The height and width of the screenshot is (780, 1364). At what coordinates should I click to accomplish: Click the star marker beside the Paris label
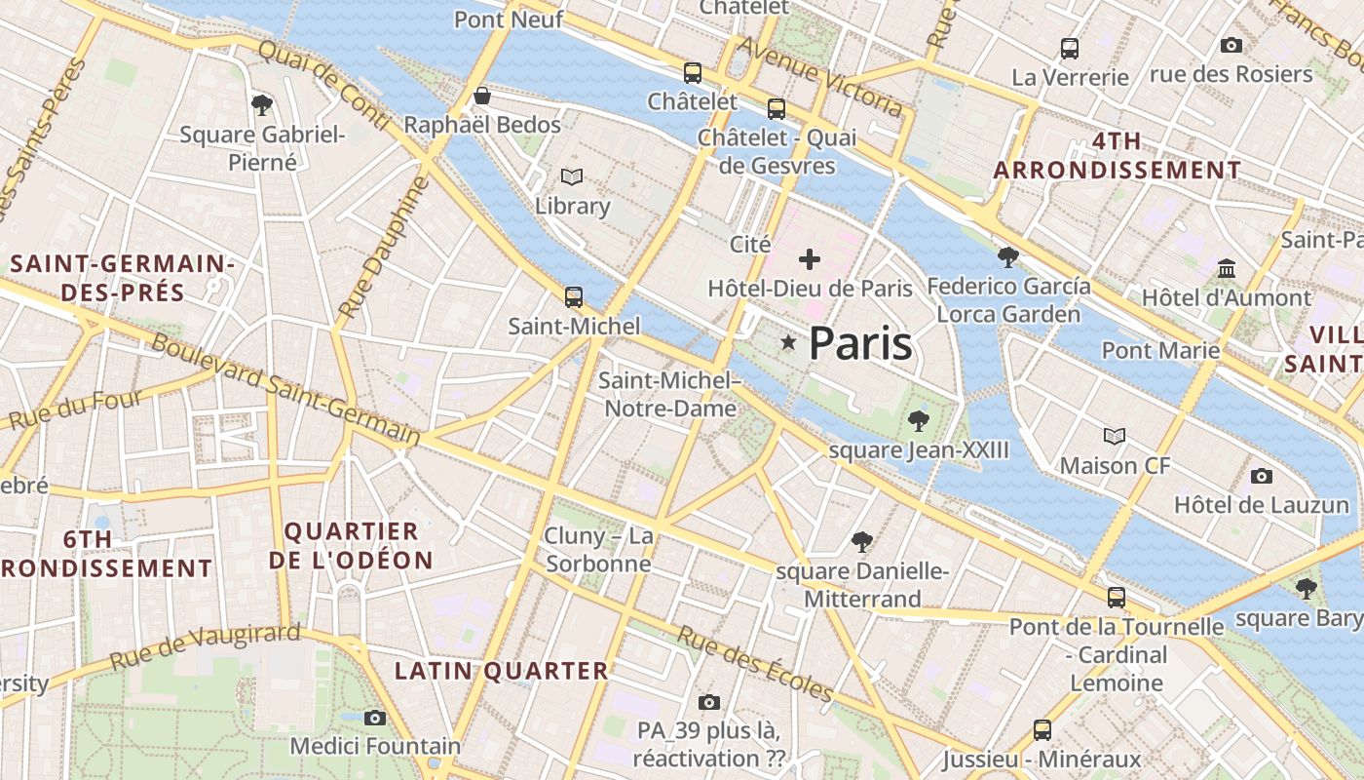pyautogui.click(x=788, y=342)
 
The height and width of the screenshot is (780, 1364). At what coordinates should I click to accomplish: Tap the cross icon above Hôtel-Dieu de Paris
pyautogui.click(x=810, y=259)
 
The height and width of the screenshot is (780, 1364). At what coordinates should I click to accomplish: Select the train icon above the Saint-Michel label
pyautogui.click(x=574, y=297)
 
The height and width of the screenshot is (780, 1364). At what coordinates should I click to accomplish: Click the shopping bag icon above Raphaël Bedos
pyautogui.click(x=481, y=96)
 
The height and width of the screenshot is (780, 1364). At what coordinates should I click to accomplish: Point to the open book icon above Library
pyautogui.click(x=571, y=176)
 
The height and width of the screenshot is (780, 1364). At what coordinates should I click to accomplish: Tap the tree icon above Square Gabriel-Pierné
pyautogui.click(x=261, y=104)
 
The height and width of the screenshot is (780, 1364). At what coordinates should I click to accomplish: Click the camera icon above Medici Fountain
pyautogui.click(x=375, y=718)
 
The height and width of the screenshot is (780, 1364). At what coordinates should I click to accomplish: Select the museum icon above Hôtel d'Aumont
pyautogui.click(x=1227, y=268)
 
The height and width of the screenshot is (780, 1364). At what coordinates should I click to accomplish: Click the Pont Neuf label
pyautogui.click(x=509, y=19)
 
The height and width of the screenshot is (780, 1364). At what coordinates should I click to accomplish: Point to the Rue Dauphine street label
pyautogui.click(x=384, y=248)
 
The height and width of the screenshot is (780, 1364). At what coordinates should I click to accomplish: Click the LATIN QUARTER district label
pyautogui.click(x=502, y=671)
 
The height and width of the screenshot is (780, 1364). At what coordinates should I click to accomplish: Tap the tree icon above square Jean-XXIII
pyautogui.click(x=918, y=421)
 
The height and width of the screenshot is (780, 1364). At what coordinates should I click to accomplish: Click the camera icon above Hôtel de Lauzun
pyautogui.click(x=1262, y=476)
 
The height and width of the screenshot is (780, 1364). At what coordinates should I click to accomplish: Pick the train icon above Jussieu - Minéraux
pyautogui.click(x=1042, y=729)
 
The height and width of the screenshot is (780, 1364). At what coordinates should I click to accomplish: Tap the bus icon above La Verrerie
pyautogui.click(x=1070, y=48)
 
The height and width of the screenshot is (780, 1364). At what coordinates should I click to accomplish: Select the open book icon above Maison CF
pyautogui.click(x=1115, y=436)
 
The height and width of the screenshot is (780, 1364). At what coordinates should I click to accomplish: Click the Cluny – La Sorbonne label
pyautogui.click(x=598, y=550)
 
